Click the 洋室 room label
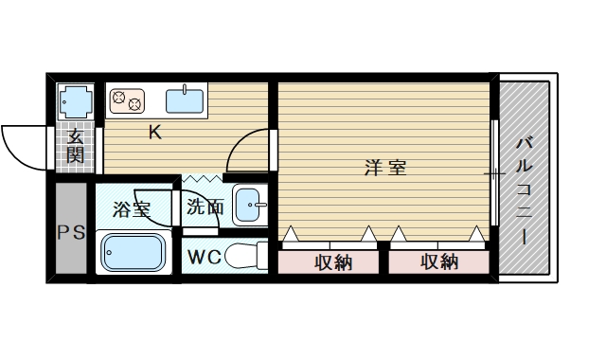click(385, 169)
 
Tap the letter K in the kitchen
click(153, 133)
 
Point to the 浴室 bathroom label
click(132, 208)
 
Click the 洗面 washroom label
click(205, 207)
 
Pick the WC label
click(205, 257)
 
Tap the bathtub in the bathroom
click(133, 253)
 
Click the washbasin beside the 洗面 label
click(250, 205)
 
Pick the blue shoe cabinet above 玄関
click(75, 99)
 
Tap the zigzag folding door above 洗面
click(202, 178)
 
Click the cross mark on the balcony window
click(494, 174)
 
